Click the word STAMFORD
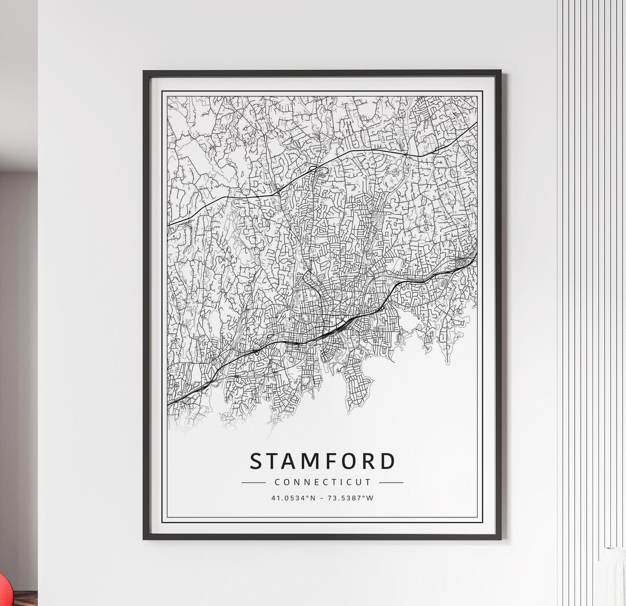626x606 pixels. (x=322, y=462)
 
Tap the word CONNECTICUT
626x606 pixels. (x=322, y=482)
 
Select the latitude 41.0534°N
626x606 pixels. (x=293, y=498)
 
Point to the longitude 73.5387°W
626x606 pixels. (x=352, y=498)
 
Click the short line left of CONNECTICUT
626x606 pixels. (x=253, y=482)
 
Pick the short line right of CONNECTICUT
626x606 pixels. (x=391, y=482)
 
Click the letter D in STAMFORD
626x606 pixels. (x=388, y=462)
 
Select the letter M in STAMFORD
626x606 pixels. (x=304, y=462)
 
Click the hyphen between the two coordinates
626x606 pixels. (x=322, y=498)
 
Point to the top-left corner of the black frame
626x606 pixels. (x=145, y=72)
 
